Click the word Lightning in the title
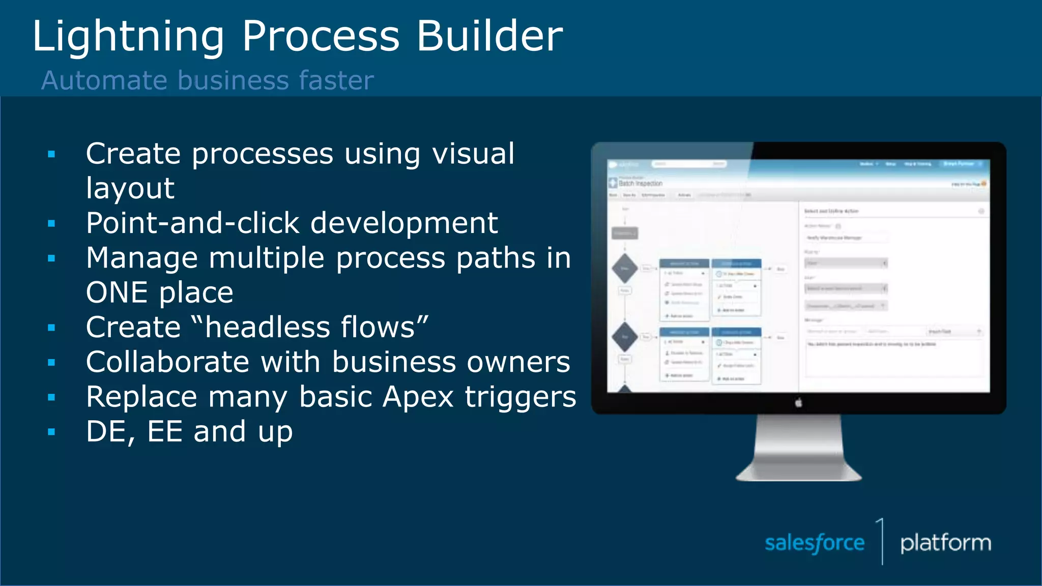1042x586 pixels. pyautogui.click(x=128, y=37)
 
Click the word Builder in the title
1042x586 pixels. pyautogui.click(x=489, y=37)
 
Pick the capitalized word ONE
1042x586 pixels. pyautogui.click(x=117, y=292)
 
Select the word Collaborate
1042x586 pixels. pyautogui.click(x=167, y=362)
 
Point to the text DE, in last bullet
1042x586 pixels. pyautogui.click(x=110, y=432)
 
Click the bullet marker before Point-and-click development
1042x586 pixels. pyautogui.click(x=51, y=223)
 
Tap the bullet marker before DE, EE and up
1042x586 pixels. pyautogui.click(x=51, y=432)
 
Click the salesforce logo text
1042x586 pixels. pyautogui.click(x=814, y=543)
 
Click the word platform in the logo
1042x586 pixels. pyautogui.click(x=945, y=543)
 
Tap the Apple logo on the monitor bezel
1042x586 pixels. pyautogui.click(x=798, y=403)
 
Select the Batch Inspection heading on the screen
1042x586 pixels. pyautogui.click(x=641, y=183)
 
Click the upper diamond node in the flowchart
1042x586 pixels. pyautogui.click(x=625, y=268)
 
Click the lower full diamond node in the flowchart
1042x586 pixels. pyautogui.click(x=625, y=337)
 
